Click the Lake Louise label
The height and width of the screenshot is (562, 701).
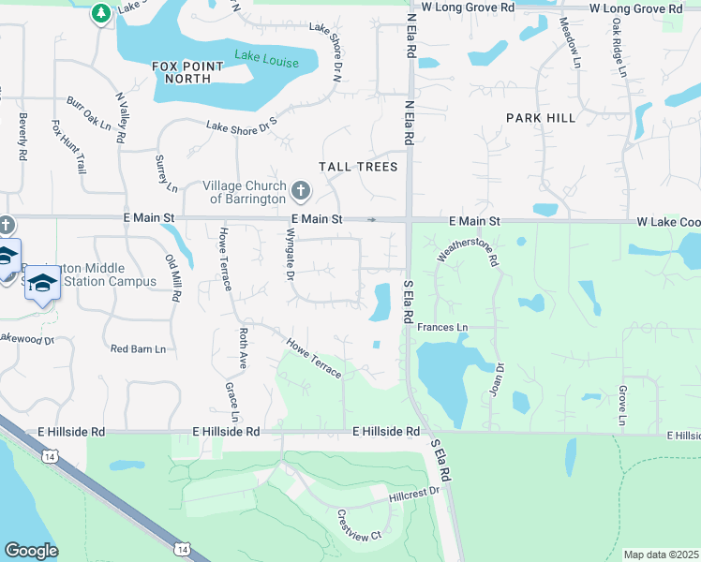(x=267, y=62)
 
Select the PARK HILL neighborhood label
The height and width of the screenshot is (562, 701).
(x=541, y=118)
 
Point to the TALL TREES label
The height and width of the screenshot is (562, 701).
(x=358, y=167)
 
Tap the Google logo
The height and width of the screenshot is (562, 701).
(x=31, y=551)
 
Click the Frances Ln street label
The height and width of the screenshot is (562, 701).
(x=442, y=327)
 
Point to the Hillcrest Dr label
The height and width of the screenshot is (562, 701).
(x=414, y=492)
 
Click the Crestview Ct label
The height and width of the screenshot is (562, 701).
(x=359, y=525)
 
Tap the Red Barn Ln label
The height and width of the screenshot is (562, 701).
(x=138, y=348)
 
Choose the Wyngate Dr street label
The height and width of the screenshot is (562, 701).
(x=290, y=258)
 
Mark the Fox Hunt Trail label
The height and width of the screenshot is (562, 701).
(x=68, y=147)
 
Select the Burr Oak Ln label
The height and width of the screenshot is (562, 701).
(x=88, y=112)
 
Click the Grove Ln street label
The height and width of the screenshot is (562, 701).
(x=621, y=405)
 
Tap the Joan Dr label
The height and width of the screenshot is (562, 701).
(x=497, y=379)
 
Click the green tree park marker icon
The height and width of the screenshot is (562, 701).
(x=101, y=14)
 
